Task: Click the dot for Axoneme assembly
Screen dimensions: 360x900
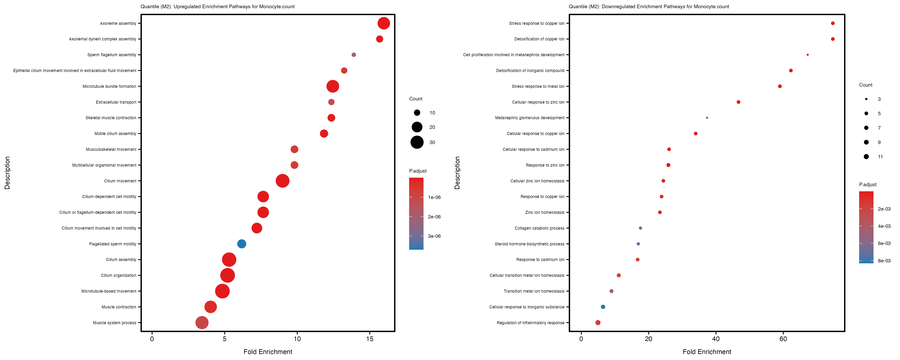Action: [384, 23]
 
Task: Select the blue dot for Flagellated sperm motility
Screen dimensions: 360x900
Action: [241, 244]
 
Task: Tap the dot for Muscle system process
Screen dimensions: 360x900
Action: [202, 323]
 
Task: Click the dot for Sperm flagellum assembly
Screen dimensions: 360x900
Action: [354, 55]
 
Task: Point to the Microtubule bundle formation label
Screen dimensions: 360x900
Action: [109, 86]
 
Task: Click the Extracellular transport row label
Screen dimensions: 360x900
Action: [116, 102]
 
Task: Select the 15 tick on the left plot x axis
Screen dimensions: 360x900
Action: [370, 339]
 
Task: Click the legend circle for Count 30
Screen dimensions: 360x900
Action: [417, 142]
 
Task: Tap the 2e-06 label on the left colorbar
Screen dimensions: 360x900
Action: [434, 217]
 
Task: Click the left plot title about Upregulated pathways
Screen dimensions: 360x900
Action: [217, 7]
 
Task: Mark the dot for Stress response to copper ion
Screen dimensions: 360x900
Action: [833, 23]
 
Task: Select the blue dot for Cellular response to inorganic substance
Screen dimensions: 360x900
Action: [603, 307]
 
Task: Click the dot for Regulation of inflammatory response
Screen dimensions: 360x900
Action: [598, 323]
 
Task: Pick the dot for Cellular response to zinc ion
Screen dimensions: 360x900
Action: [738, 102]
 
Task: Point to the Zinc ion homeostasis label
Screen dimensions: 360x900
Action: [545, 213]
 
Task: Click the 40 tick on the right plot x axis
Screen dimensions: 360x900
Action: [716, 339]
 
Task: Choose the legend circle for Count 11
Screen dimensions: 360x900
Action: [866, 157]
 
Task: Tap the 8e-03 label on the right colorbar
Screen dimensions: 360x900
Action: [884, 261]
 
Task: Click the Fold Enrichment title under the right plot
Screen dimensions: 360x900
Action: [707, 352]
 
